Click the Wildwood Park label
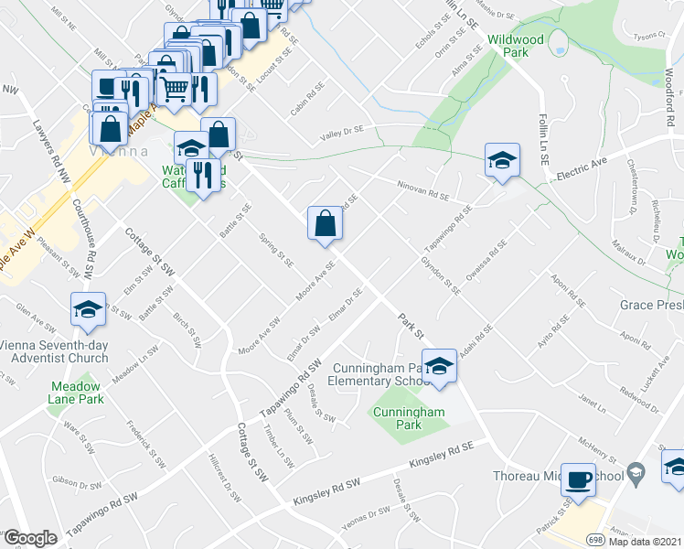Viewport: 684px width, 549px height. tap(516, 46)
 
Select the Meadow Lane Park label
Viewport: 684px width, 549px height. tap(75, 393)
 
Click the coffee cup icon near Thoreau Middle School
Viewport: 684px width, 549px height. tap(578, 479)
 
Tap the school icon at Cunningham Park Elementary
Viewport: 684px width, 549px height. tap(440, 364)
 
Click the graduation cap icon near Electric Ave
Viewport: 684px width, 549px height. tap(502, 159)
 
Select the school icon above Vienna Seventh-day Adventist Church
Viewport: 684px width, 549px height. tap(88, 309)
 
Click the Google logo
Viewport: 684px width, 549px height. tap(30, 538)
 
